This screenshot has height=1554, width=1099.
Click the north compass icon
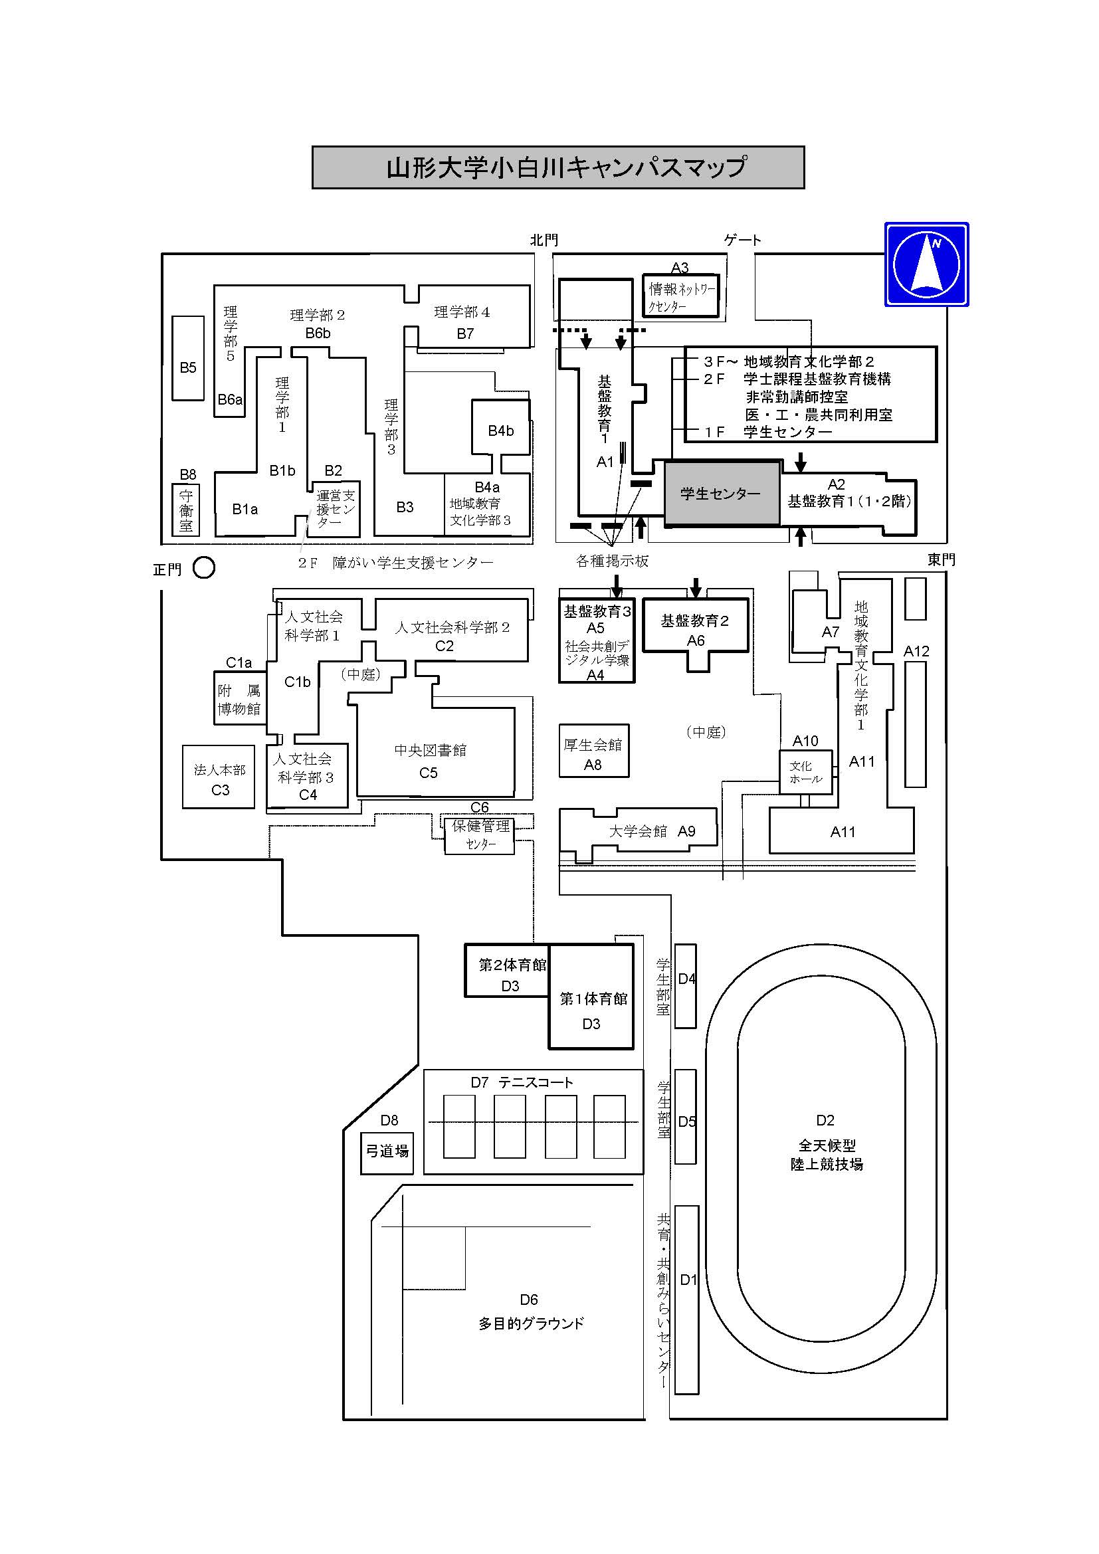926,264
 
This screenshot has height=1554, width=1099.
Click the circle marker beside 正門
204,567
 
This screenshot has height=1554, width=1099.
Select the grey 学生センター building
722,494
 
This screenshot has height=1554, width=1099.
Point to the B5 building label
188,367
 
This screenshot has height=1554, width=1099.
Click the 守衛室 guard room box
186,510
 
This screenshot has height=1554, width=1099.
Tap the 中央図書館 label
431,750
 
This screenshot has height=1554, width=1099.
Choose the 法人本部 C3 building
219,777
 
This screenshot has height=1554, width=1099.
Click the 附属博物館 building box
240,698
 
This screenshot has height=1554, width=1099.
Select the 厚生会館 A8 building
593,751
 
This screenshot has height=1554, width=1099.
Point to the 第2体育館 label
512,965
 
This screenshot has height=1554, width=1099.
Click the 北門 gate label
544,240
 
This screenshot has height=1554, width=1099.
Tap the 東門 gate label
942,559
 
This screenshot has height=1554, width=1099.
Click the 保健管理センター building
480,834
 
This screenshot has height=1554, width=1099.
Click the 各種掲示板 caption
613,561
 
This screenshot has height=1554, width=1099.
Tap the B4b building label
501,431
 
